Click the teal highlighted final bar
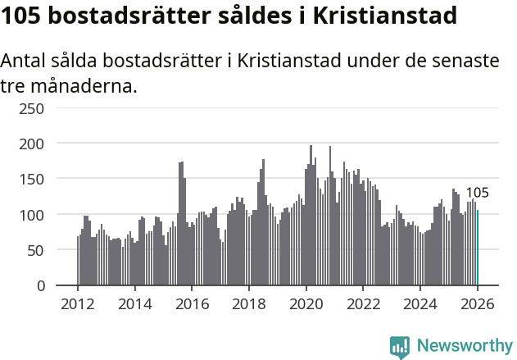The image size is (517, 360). point(478,248)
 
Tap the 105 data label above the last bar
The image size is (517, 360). point(477,194)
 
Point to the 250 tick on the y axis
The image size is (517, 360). point(32,108)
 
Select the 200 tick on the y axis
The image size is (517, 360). point(32,144)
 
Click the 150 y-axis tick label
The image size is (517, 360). point(32,179)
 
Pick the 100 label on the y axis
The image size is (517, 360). point(32,215)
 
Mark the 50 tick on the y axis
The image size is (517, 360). point(36,250)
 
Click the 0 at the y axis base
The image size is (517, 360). point(40,286)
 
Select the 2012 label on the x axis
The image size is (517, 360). point(78,305)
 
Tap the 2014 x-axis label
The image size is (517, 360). point(135,305)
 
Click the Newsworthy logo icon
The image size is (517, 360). point(400,346)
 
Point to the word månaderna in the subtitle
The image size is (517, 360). point(84,85)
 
